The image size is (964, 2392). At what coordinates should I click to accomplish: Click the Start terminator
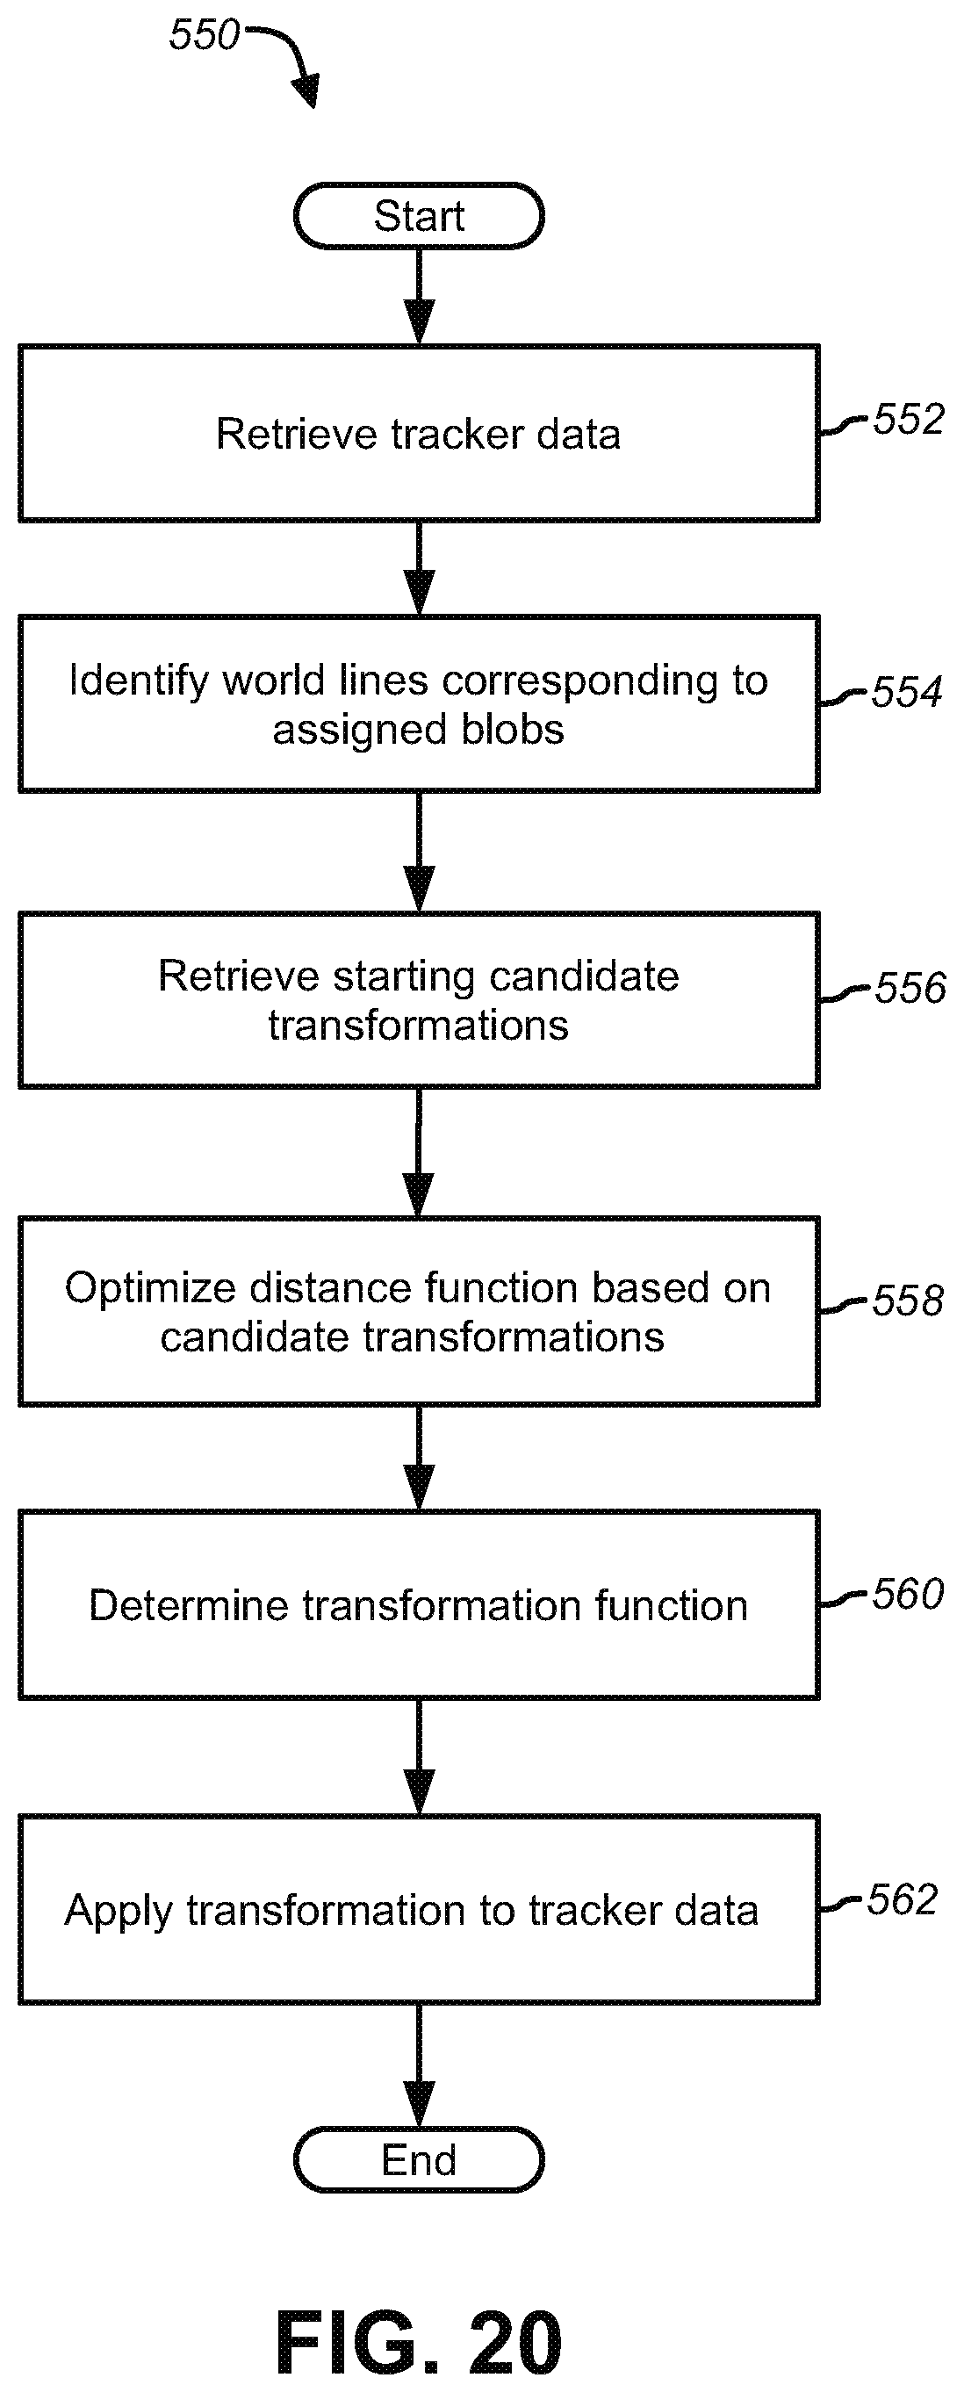tap(419, 215)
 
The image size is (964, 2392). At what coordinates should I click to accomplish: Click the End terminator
tap(419, 2159)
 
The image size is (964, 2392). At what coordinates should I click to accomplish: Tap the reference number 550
tap(205, 34)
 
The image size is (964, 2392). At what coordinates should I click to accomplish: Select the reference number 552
tap(909, 419)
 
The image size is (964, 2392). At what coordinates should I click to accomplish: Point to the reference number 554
tap(906, 692)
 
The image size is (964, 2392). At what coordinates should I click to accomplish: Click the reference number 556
tap(910, 988)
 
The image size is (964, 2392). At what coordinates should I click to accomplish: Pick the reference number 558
tap(907, 1300)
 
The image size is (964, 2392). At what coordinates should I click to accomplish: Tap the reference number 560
tap(907, 1594)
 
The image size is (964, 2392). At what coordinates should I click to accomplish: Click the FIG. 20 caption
tap(419, 2342)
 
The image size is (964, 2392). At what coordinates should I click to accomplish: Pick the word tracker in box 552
tap(457, 435)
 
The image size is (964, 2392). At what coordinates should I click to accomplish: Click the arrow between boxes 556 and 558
tap(419, 1152)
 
